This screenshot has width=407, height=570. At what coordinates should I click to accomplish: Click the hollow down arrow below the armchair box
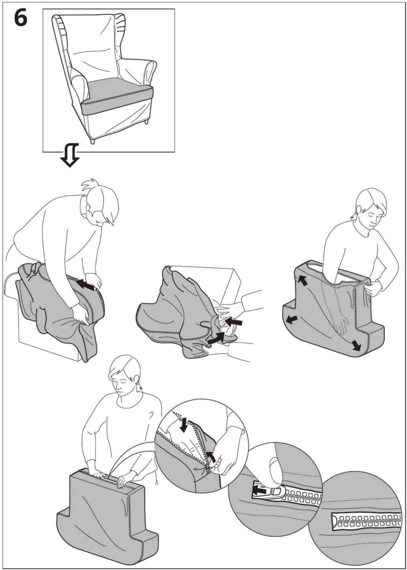tap(70, 155)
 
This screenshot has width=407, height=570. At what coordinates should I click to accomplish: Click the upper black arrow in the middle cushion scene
tap(234, 321)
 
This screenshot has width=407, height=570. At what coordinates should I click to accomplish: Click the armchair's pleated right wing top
tap(120, 24)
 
